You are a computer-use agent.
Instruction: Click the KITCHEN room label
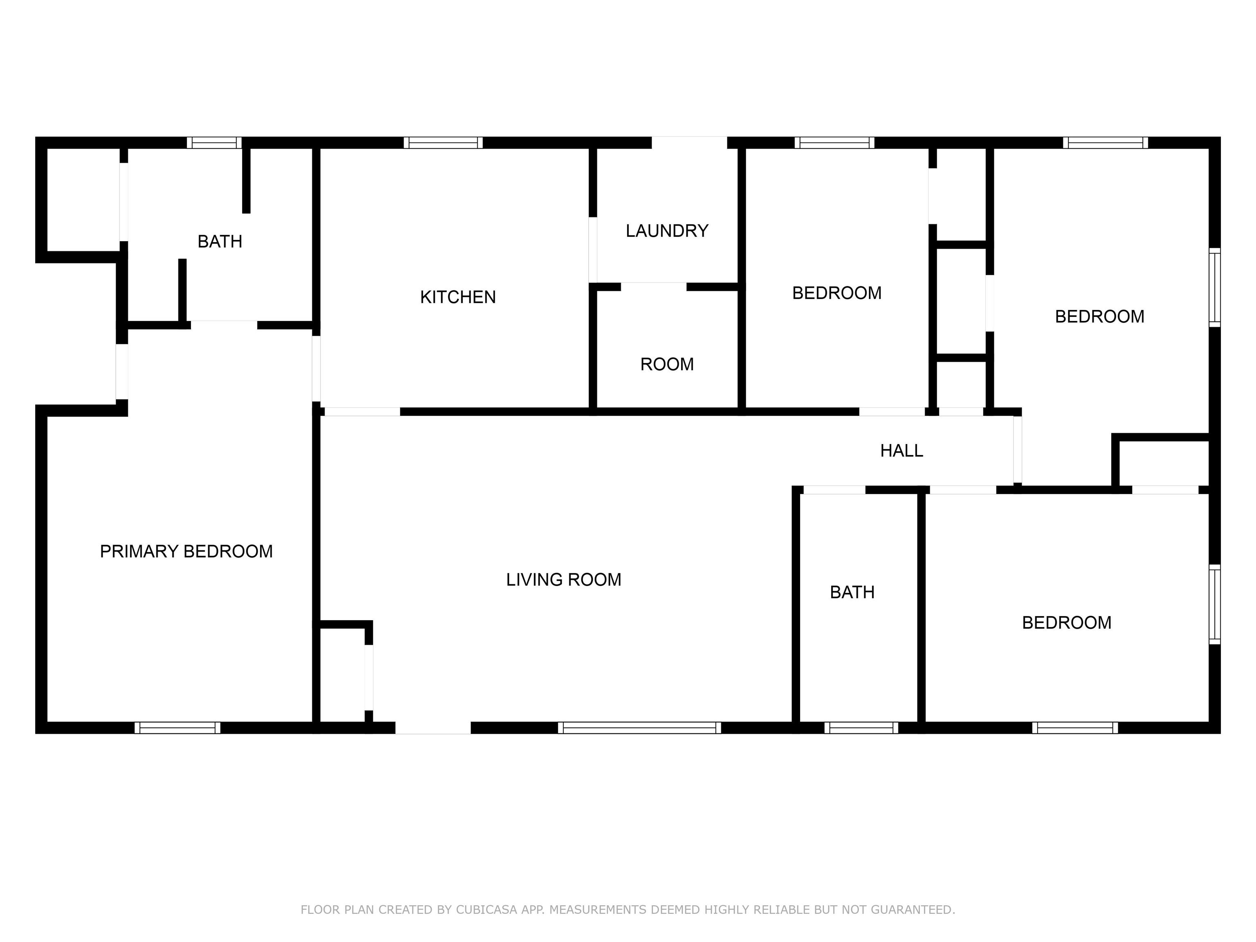(x=458, y=297)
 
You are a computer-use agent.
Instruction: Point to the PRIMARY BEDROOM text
(x=186, y=552)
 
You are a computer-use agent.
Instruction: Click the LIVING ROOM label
(x=563, y=580)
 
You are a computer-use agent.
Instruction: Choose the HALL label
(x=901, y=451)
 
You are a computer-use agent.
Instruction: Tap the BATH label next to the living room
(x=852, y=592)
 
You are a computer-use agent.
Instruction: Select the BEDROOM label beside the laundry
(x=837, y=293)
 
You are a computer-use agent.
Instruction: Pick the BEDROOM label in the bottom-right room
(x=1066, y=623)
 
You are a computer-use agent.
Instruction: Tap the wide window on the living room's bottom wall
(x=639, y=728)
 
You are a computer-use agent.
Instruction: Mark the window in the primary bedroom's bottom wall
(x=177, y=728)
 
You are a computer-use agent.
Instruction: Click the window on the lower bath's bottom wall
(x=861, y=728)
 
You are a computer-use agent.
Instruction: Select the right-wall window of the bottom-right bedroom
(x=1215, y=604)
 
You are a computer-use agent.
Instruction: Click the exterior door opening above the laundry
(x=689, y=143)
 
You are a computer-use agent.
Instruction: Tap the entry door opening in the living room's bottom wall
(x=433, y=728)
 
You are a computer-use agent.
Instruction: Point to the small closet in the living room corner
(x=342, y=676)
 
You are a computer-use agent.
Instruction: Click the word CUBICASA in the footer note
(x=487, y=910)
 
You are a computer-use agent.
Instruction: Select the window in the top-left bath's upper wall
(x=214, y=143)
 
